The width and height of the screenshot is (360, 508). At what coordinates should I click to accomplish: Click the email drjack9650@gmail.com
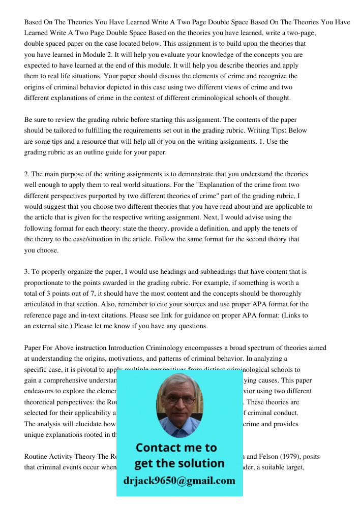pyautogui.click(x=179, y=481)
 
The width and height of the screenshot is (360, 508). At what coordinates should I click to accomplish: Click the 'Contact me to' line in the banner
pyautogui.click(x=176, y=448)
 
